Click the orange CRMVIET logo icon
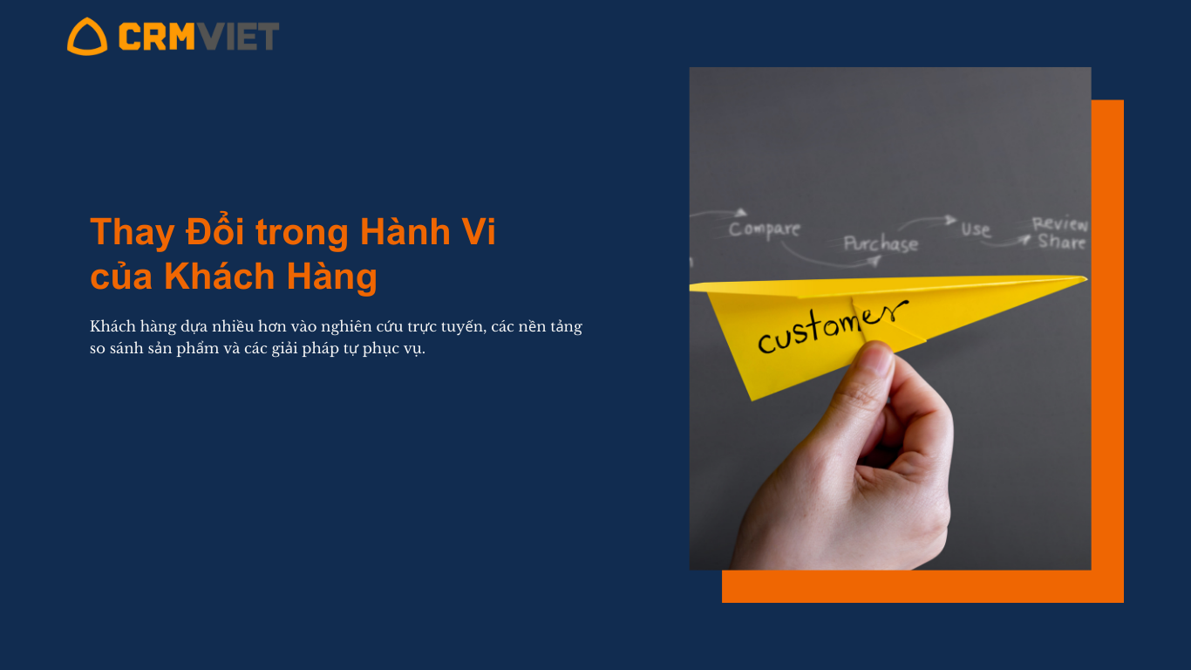[87, 37]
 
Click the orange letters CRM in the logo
[157, 36]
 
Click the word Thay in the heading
[133, 233]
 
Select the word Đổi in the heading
[214, 230]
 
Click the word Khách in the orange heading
[219, 277]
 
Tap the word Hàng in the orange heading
[332, 277]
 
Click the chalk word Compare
[765, 229]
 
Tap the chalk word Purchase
[881, 243]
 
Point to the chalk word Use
[976, 229]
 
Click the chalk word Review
[1060, 224]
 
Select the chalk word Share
[1062, 242]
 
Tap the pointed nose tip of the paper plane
[1086, 278]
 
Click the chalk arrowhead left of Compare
[740, 213]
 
